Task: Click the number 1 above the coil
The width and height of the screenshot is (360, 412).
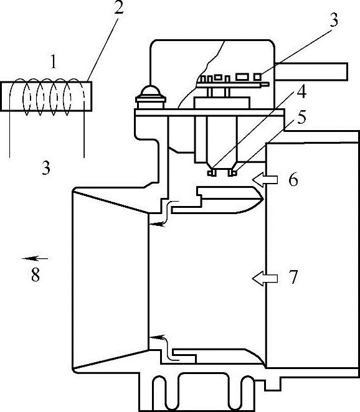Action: point(54,61)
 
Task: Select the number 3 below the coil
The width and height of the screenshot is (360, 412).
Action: point(45,167)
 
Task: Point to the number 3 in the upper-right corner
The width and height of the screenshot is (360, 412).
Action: point(334,20)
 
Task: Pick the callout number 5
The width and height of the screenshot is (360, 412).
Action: point(301,117)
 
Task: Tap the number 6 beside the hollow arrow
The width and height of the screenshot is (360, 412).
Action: point(293,180)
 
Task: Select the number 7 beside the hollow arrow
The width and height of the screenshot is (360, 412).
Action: point(293,277)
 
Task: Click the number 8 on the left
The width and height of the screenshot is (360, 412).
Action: point(36,274)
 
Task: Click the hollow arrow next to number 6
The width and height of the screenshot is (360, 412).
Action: point(265,180)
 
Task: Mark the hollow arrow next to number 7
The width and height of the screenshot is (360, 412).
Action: point(265,279)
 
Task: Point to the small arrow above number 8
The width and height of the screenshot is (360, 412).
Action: point(35,258)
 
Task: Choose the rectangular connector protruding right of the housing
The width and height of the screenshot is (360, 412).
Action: point(311,71)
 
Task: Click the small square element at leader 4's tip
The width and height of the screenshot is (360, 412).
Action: point(211,173)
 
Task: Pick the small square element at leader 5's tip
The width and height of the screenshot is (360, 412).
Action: point(232,173)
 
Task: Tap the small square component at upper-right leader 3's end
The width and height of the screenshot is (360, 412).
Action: point(258,77)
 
